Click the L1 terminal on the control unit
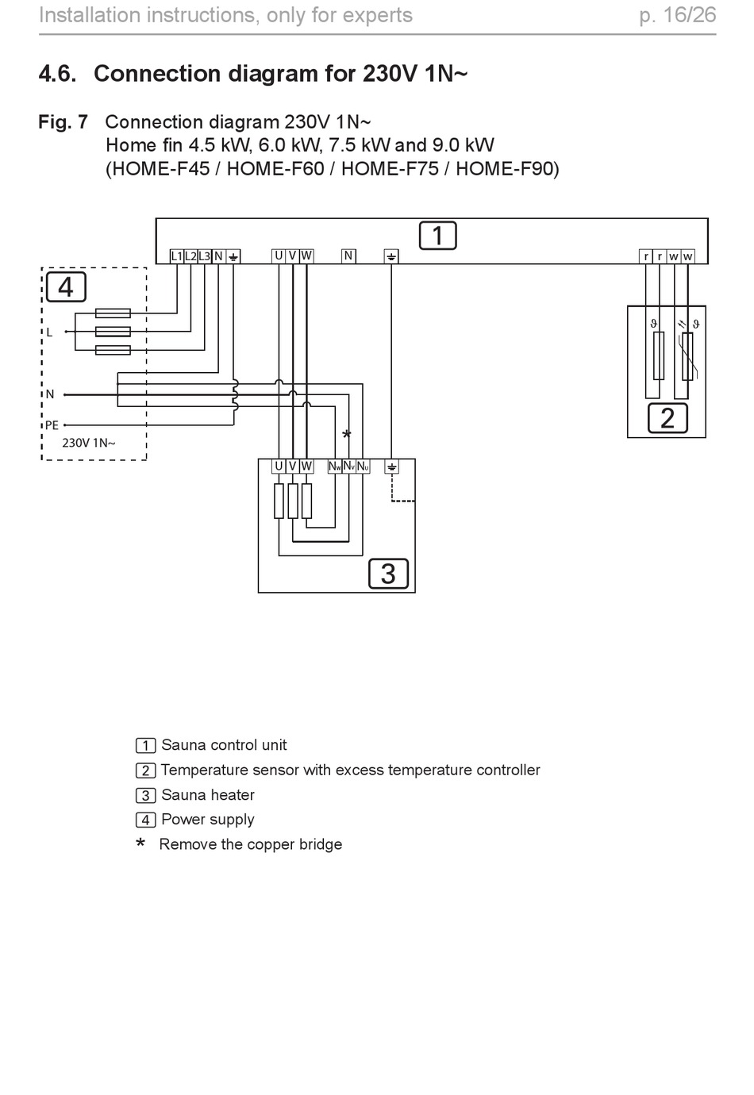point(176,256)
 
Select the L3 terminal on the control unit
point(205,256)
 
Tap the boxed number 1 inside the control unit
point(437,236)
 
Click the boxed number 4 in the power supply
point(66,287)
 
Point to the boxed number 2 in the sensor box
point(667,418)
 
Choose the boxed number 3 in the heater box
point(388,574)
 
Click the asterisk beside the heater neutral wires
point(347,434)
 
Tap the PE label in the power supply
point(52,425)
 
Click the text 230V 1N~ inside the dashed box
point(89,443)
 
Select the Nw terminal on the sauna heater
point(335,467)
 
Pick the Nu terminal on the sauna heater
point(363,467)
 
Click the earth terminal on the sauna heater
point(391,467)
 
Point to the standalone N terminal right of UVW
point(348,256)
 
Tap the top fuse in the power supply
point(113,313)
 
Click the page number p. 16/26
point(678,15)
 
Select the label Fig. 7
point(63,121)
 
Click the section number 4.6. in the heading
point(58,74)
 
